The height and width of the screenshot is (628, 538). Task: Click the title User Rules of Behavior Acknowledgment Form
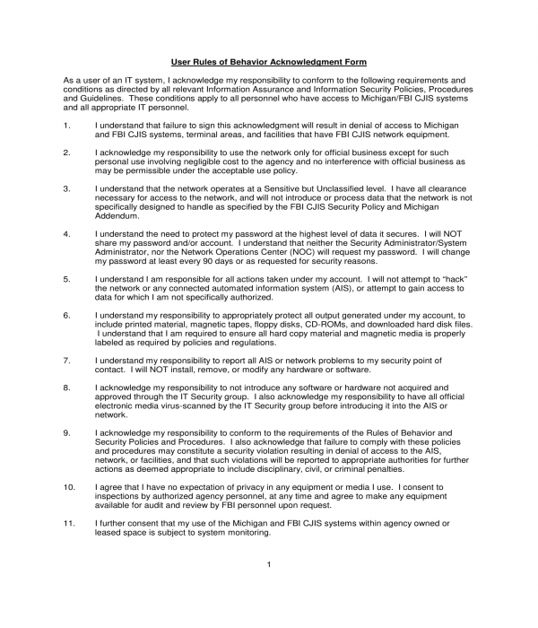[x=269, y=62]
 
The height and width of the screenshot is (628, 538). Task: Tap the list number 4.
[x=67, y=234]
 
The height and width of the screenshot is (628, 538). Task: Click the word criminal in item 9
[x=334, y=467]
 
